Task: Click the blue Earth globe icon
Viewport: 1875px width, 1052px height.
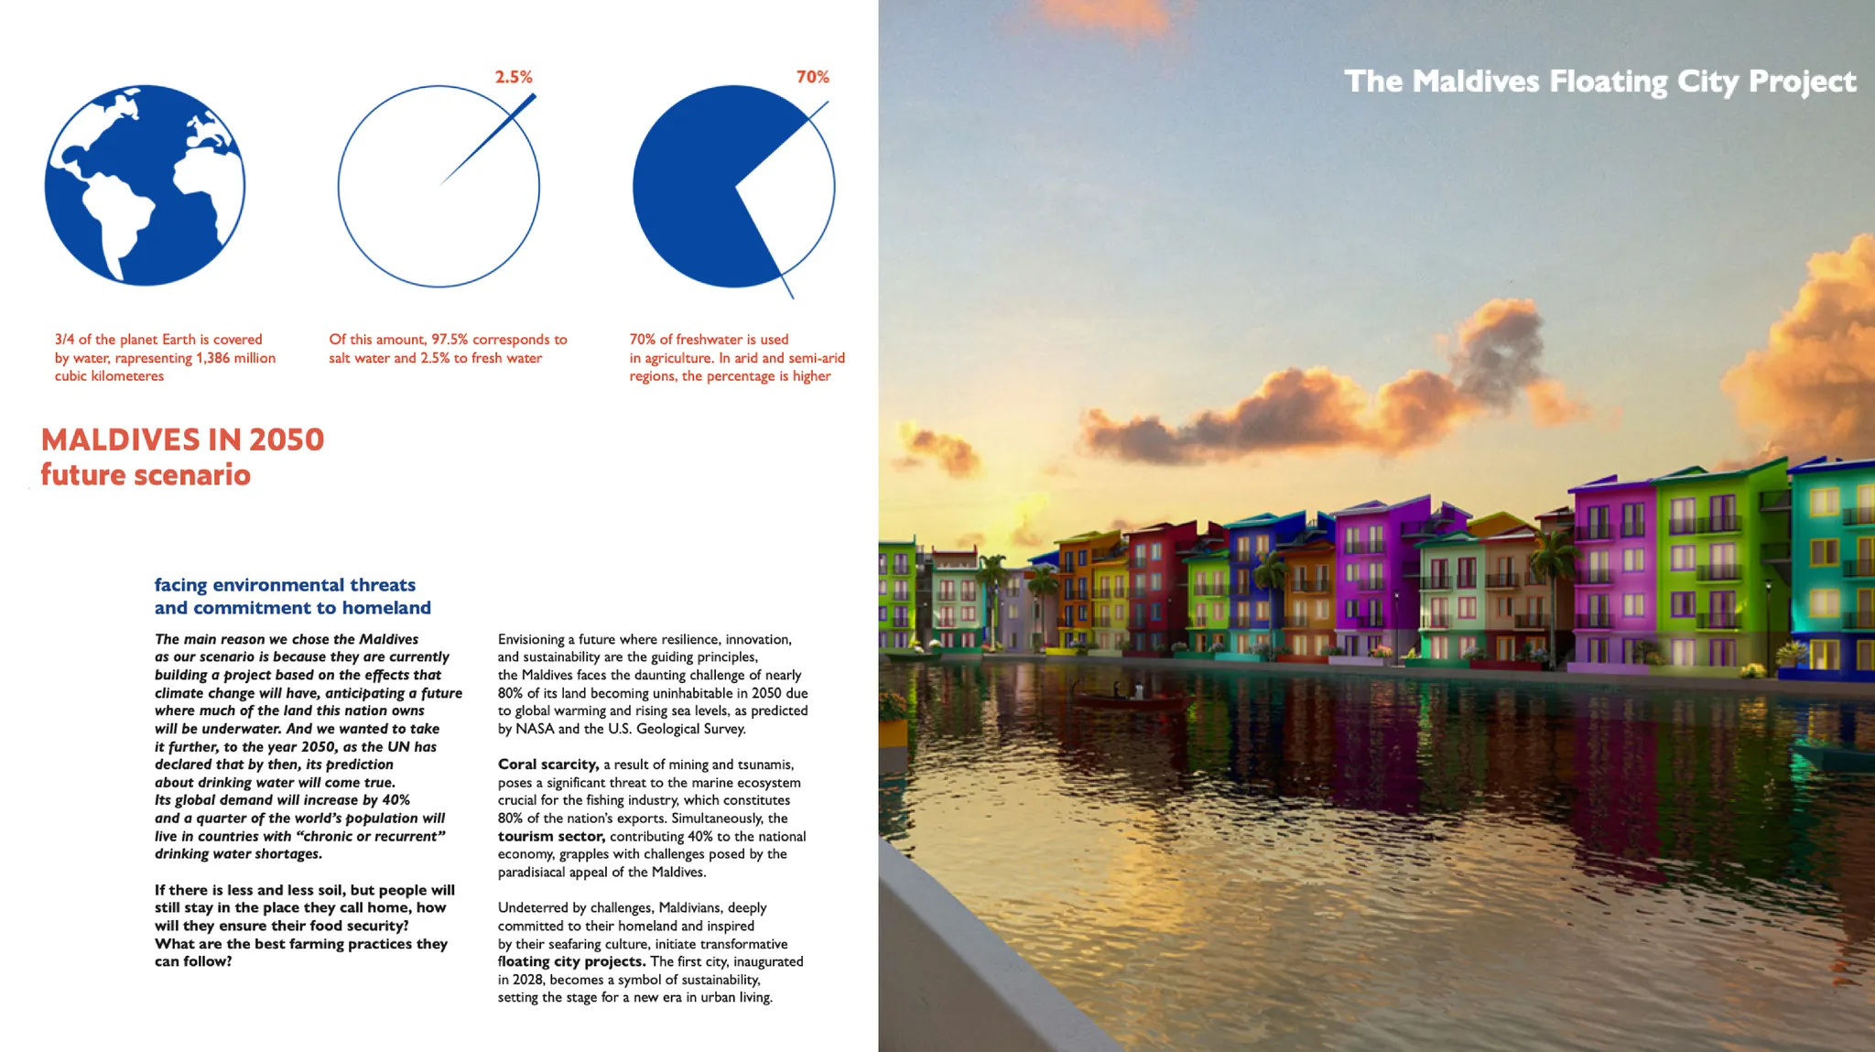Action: point(145,185)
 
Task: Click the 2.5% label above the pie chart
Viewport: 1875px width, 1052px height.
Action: point(514,77)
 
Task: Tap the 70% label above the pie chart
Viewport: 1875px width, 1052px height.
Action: point(812,77)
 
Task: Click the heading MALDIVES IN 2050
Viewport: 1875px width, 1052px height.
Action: point(182,439)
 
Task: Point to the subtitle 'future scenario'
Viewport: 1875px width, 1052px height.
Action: point(146,475)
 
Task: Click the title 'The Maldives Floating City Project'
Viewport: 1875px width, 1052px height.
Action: point(1599,81)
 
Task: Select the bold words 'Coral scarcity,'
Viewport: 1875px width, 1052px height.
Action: point(547,765)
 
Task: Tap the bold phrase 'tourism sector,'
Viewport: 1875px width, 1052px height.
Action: point(551,836)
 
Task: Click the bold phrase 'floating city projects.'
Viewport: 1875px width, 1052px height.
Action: point(572,961)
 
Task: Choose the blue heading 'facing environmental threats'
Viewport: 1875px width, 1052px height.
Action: point(285,585)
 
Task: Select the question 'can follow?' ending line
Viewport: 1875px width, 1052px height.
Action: point(193,961)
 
